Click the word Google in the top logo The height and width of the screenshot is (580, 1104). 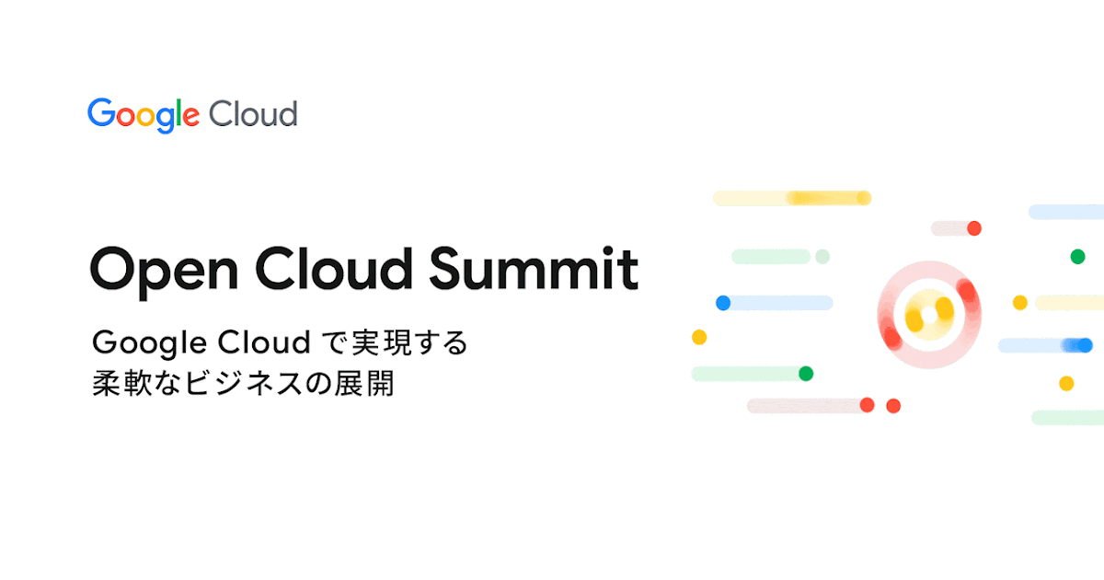tap(144, 115)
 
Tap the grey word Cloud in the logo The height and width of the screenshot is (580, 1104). tap(252, 114)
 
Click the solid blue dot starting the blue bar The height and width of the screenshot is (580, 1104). tap(723, 302)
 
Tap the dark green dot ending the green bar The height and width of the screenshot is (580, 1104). tap(806, 373)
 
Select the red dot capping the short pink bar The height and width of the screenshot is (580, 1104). tap(973, 227)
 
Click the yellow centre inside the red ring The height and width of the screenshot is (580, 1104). tap(928, 313)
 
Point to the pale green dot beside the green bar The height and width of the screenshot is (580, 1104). tap(822, 256)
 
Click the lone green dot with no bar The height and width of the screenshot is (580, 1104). tap(1077, 256)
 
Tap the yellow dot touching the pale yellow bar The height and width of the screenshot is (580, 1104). tap(1019, 302)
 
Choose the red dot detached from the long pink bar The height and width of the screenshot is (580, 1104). tap(892, 405)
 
